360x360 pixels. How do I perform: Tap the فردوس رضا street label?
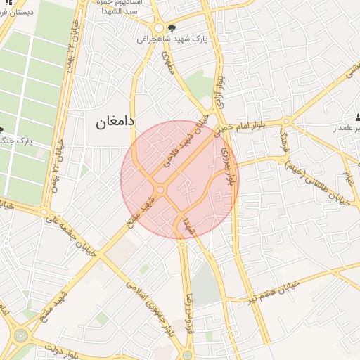click(188, 316)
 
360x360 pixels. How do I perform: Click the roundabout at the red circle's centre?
click(160, 190)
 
